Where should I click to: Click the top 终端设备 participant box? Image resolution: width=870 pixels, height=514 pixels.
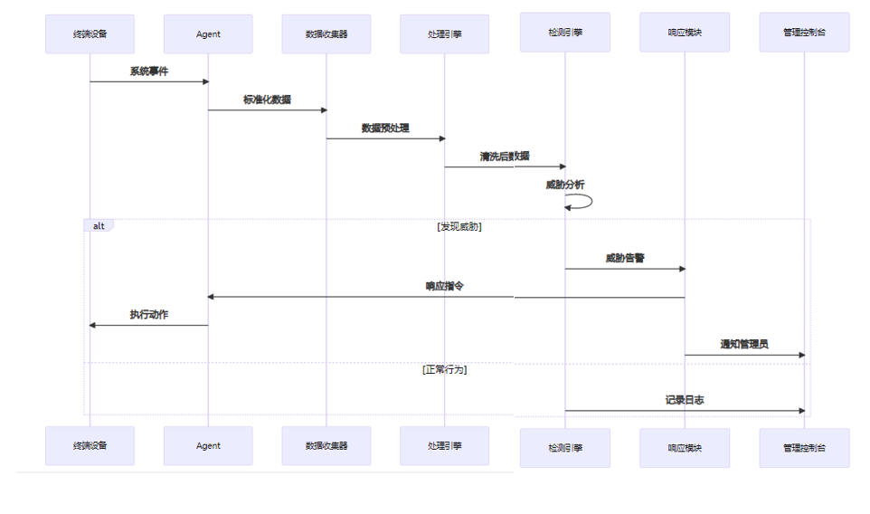coord(90,34)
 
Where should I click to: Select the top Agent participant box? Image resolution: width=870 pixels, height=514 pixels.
coord(208,34)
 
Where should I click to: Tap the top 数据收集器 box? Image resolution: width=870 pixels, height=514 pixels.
coord(326,34)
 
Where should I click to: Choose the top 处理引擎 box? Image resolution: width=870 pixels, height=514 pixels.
coord(444,34)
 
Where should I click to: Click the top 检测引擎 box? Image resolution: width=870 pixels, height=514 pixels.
coord(565,33)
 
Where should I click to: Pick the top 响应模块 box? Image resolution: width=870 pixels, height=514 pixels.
coord(685,33)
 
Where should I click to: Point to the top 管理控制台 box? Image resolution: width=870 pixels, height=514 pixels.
coord(804,33)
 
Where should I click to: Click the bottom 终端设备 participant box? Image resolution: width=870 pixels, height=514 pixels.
coord(90,445)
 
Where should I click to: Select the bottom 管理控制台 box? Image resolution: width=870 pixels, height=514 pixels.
coord(804,448)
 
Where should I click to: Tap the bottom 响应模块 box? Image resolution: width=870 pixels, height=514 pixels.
coord(685,448)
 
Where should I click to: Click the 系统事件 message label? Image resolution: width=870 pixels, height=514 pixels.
coord(148,71)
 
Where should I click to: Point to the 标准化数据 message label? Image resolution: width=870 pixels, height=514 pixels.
coord(267,100)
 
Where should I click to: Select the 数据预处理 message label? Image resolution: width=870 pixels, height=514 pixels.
coord(385,128)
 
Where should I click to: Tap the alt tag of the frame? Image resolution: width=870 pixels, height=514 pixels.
coord(99,225)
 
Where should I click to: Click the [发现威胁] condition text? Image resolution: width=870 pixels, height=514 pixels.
coord(459,227)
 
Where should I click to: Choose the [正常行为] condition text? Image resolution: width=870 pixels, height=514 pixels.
coord(444,369)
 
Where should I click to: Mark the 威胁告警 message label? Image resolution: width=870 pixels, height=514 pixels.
coord(625,258)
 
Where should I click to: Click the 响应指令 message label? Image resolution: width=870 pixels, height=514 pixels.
coord(445,286)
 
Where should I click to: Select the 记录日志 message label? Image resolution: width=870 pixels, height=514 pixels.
coord(685,400)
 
